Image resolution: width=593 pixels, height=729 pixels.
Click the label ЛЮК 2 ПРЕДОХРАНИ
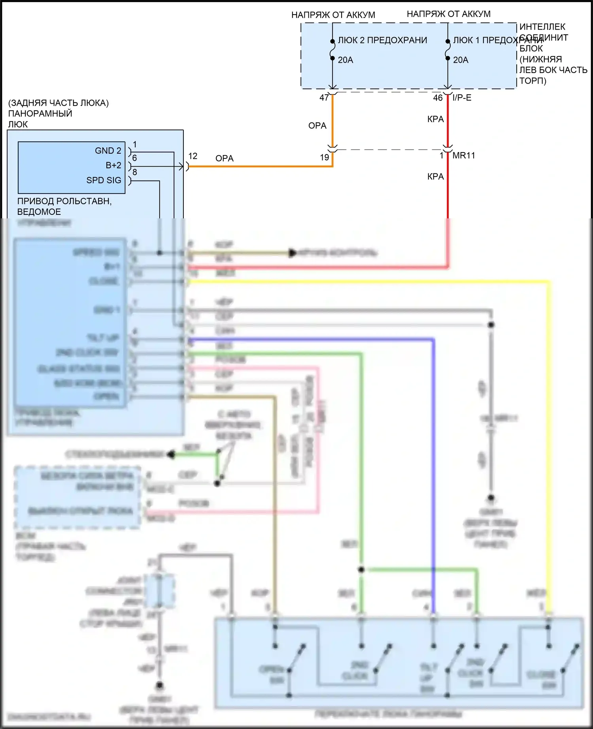tap(382, 40)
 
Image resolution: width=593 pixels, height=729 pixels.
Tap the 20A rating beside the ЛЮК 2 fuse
tap(345, 60)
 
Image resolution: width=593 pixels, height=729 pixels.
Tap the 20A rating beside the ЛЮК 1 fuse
tap(461, 60)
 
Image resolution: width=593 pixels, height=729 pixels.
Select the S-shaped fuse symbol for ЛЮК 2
tap(332, 50)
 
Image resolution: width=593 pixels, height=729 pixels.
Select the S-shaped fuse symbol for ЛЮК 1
tap(448, 50)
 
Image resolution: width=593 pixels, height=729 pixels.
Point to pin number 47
tap(324, 98)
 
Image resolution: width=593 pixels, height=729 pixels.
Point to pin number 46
tap(438, 98)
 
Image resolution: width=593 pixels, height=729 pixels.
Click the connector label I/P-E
tap(462, 98)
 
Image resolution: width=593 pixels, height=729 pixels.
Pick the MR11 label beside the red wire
tap(464, 156)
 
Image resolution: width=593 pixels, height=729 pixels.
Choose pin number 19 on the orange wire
tap(324, 158)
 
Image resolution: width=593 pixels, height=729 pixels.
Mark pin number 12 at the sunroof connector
tap(193, 156)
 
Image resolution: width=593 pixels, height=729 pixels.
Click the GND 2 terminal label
tap(108, 151)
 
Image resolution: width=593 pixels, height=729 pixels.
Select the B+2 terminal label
tap(113, 165)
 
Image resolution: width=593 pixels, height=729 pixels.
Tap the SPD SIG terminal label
tap(104, 180)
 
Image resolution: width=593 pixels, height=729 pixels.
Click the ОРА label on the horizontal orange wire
tap(224, 158)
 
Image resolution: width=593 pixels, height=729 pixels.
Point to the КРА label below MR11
tap(435, 177)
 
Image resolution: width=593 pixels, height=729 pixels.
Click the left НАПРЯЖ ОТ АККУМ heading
tap(333, 15)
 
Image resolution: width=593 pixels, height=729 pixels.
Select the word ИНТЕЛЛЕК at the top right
tap(542, 27)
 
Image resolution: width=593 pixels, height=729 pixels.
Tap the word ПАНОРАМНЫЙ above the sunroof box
tap(40, 114)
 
